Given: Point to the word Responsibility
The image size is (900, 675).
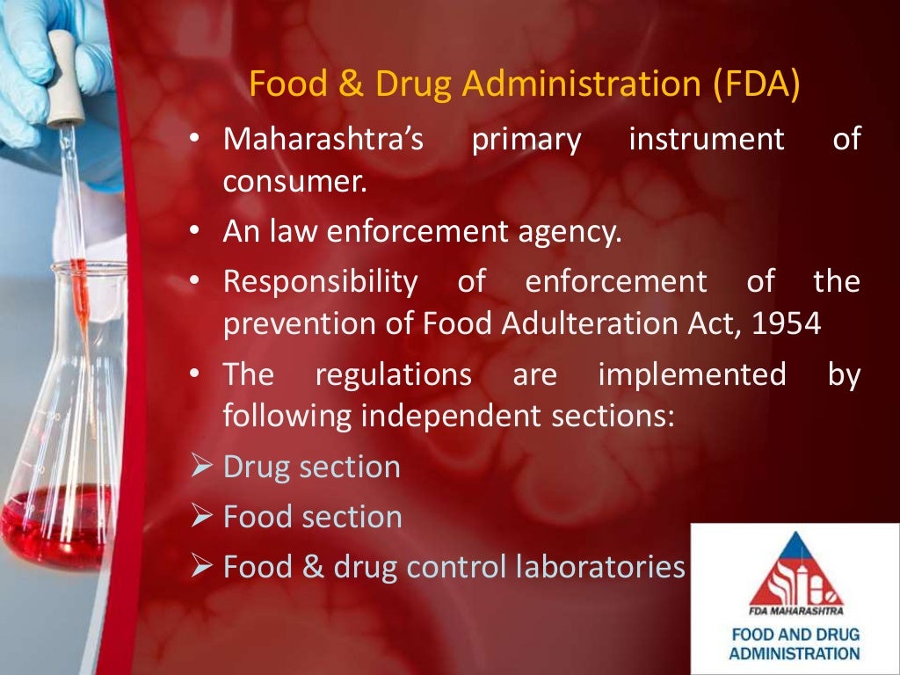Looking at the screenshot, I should [x=320, y=282].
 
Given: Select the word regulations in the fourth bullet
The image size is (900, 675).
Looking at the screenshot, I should [x=393, y=375].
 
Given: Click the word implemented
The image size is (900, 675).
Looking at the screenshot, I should [x=692, y=375].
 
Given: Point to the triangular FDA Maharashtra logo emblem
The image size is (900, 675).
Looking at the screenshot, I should [x=795, y=570].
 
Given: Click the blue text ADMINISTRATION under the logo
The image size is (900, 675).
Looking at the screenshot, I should [x=795, y=654].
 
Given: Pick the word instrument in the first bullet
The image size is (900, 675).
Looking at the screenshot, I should [x=706, y=140].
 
